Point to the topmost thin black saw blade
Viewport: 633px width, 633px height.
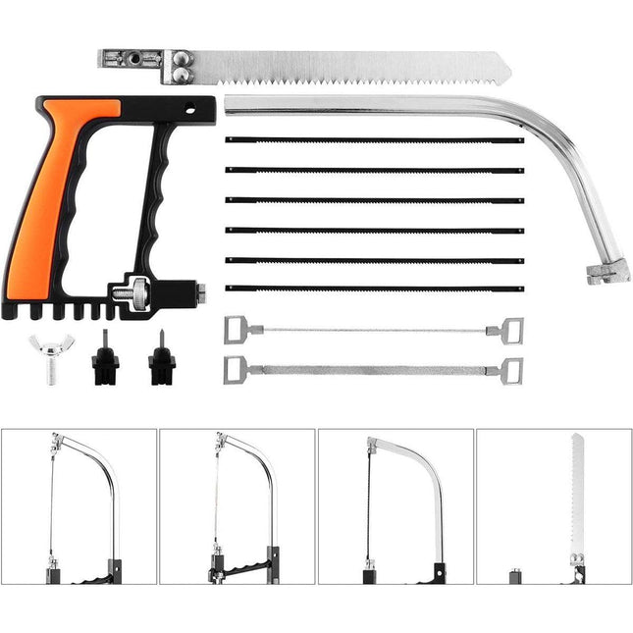(x=374, y=140)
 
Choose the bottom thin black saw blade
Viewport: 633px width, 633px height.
(x=374, y=289)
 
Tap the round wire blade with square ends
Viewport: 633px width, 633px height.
(x=374, y=330)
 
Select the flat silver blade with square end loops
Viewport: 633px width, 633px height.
(x=374, y=370)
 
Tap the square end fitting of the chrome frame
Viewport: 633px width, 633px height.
(x=607, y=272)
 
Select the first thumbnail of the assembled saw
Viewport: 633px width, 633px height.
(x=79, y=506)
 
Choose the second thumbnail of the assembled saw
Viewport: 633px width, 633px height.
(x=237, y=506)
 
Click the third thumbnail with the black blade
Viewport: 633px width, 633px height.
(x=396, y=506)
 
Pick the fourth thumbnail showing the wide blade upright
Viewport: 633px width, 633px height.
(x=554, y=506)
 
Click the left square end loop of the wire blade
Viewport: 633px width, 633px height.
(x=237, y=329)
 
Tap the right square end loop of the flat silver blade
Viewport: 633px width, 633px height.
(x=511, y=371)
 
